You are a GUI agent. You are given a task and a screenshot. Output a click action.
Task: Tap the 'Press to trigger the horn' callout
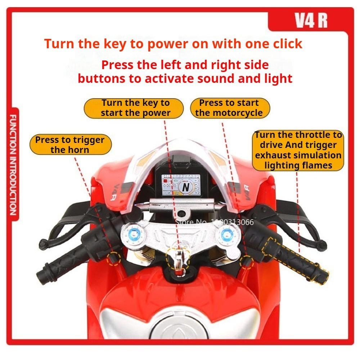point(70,144)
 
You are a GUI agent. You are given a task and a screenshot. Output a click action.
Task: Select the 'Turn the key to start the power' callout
point(135,108)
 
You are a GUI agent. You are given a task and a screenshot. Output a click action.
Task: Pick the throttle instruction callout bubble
point(298,150)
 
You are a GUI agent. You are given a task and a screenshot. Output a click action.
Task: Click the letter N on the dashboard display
point(185,187)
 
